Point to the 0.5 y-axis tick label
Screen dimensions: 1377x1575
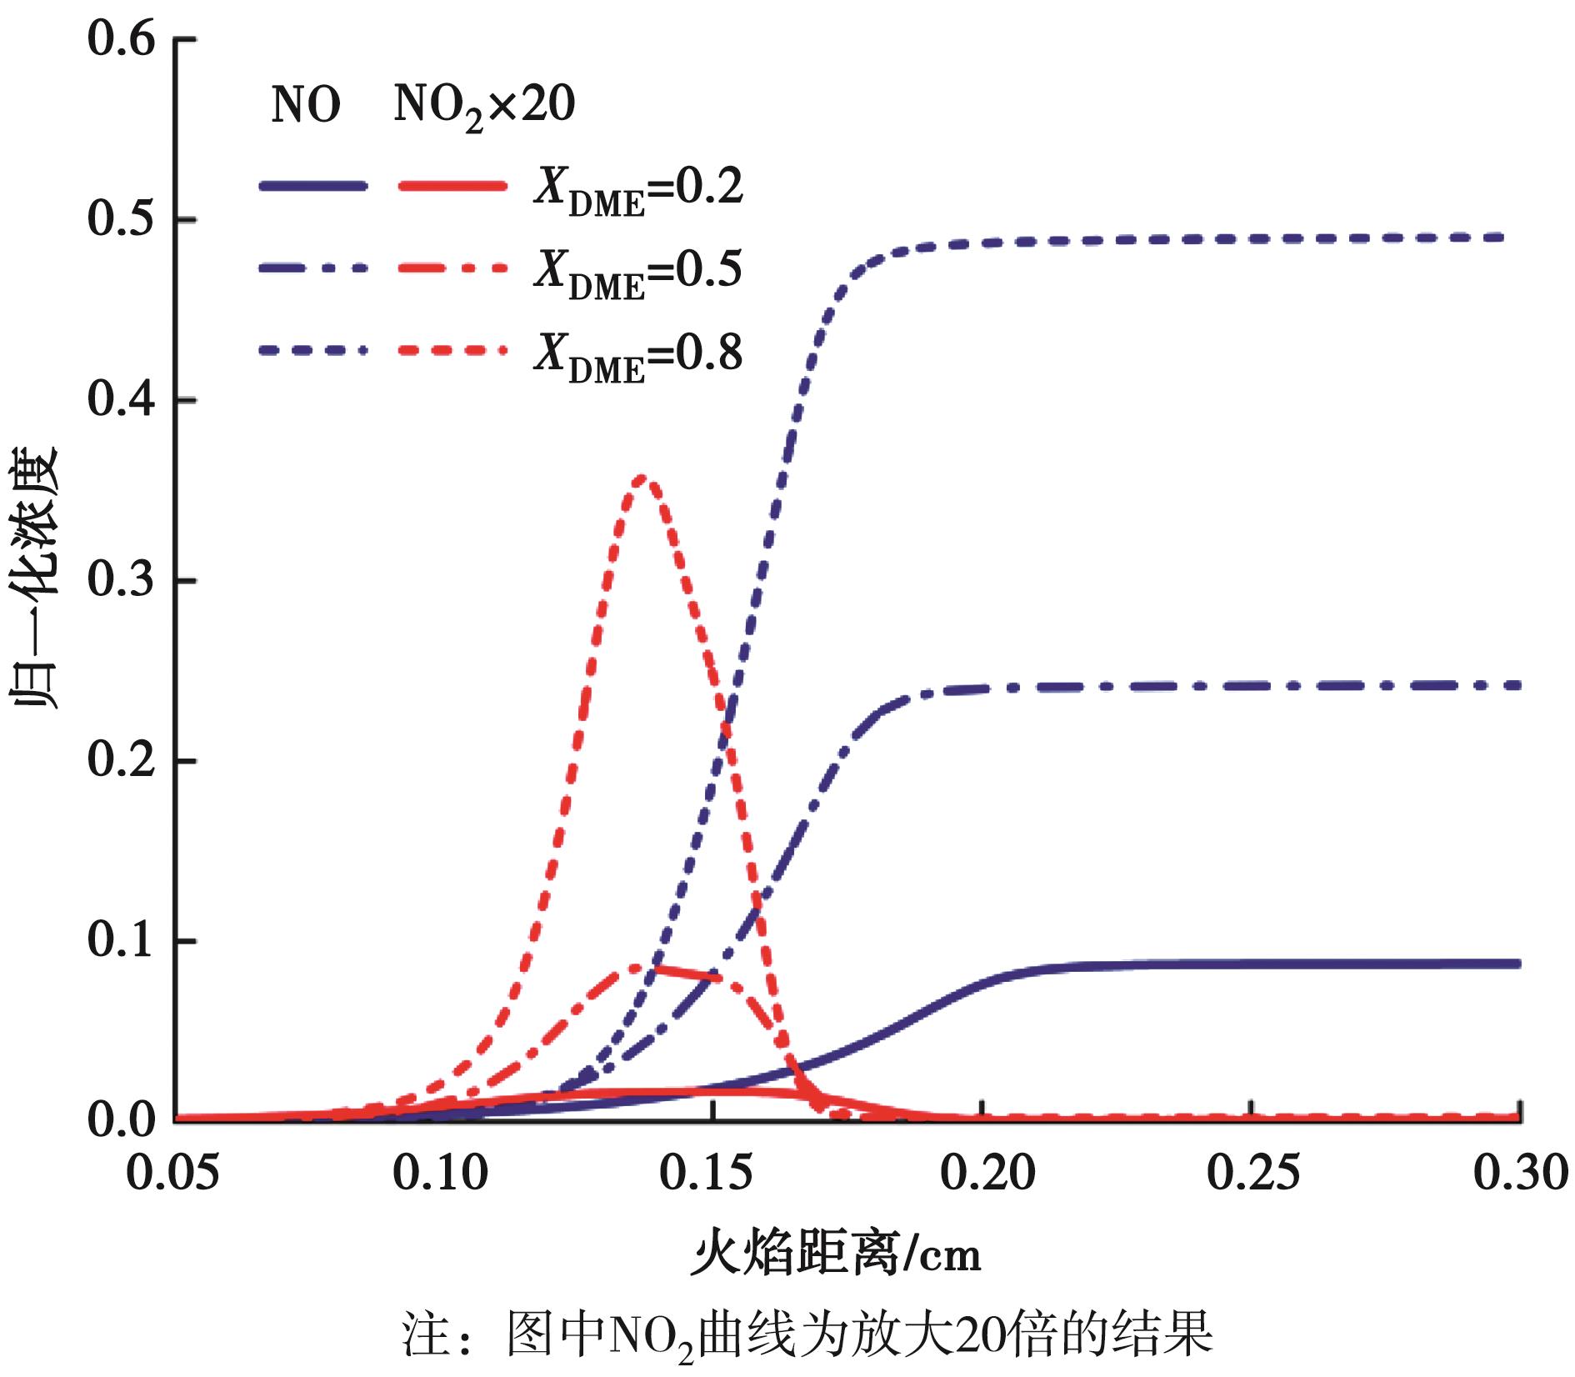122,221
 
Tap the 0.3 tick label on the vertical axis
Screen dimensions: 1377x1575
122,581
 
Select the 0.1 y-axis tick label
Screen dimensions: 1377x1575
122,942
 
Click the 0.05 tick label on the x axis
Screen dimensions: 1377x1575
172,1174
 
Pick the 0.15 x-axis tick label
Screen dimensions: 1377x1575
707,1174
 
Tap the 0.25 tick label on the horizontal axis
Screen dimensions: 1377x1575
1253,1174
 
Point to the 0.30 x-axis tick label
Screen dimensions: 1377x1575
1521,1174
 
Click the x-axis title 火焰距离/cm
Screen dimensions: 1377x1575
837,1254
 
